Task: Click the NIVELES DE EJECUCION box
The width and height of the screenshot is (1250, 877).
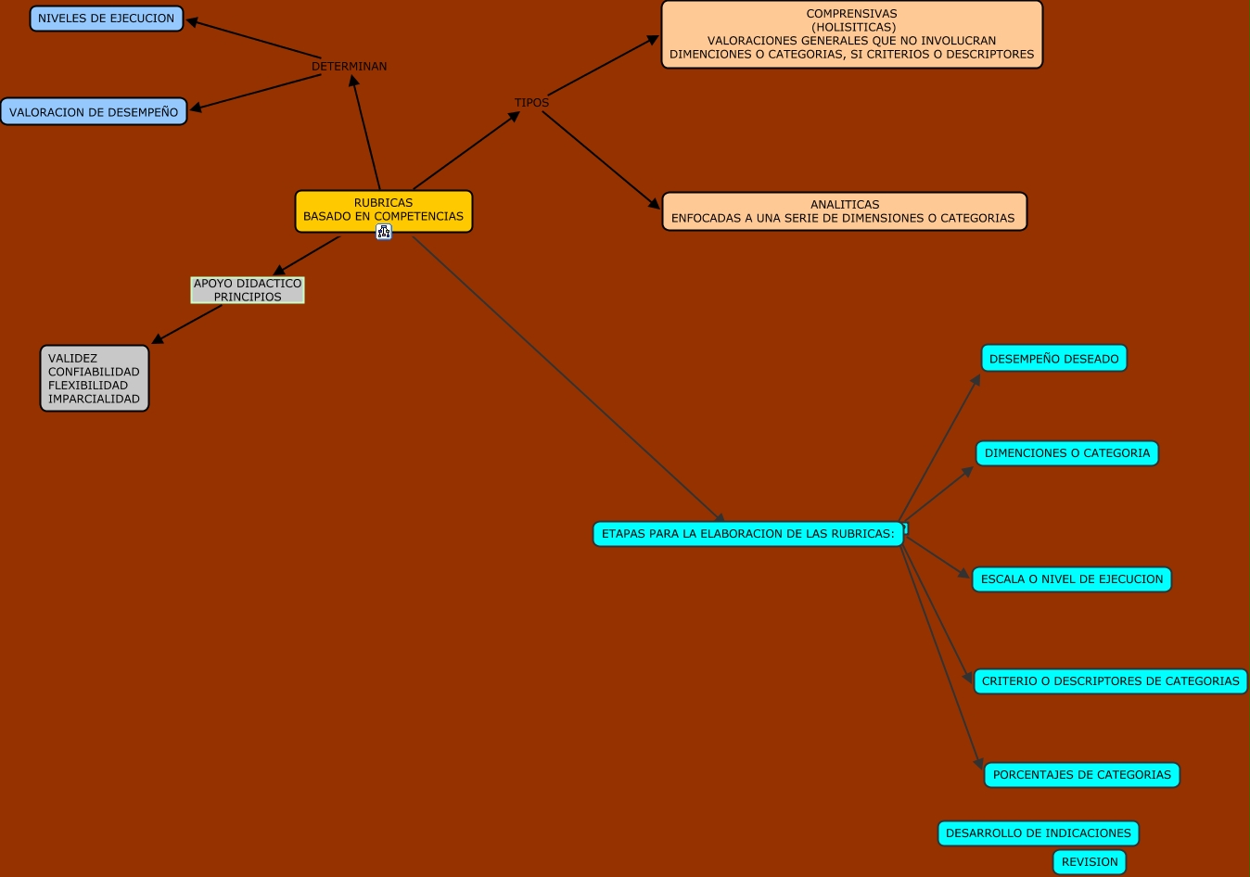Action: point(107,19)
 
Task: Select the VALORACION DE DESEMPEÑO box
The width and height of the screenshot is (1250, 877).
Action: point(94,112)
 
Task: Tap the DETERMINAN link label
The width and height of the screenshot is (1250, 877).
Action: point(349,67)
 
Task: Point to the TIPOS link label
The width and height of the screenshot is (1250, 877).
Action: point(531,103)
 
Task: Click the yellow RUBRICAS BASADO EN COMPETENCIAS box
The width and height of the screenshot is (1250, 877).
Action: point(383,210)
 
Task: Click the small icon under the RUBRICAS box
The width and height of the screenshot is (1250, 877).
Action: point(384,232)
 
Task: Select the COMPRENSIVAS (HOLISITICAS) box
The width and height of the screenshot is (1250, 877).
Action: point(851,34)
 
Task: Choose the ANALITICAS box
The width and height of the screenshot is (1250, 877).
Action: point(844,211)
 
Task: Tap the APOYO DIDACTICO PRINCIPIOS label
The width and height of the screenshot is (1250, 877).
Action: point(248,290)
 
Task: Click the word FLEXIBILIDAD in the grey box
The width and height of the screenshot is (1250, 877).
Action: point(88,386)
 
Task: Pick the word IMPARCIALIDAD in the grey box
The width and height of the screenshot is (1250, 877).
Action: point(94,400)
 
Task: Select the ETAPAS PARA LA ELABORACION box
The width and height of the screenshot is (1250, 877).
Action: point(747,534)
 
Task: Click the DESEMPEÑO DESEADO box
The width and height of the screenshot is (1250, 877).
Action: point(1053,359)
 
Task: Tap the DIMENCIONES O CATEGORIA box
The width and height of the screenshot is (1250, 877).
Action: point(1066,453)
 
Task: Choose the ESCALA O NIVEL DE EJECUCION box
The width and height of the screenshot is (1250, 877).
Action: point(1071,579)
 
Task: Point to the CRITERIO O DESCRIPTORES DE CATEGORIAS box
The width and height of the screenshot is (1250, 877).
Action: point(1110,681)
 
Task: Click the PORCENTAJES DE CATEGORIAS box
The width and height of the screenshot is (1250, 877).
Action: point(1081,775)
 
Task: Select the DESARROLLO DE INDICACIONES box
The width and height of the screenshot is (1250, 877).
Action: point(1038,833)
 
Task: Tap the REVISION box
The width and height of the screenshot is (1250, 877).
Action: point(1090,862)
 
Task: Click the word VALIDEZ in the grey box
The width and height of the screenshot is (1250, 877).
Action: point(72,359)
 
